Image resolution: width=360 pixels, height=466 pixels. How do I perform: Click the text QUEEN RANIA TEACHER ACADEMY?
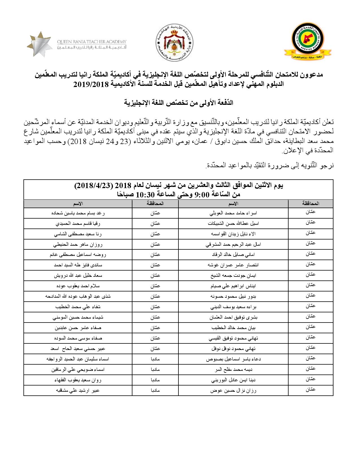coord(91,42)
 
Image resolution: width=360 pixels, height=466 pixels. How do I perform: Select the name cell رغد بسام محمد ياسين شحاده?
coord(78,214)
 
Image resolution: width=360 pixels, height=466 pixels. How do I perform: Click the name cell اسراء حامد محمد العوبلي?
coord(233,214)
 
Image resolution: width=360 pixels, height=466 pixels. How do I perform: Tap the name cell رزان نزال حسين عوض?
coord(233,391)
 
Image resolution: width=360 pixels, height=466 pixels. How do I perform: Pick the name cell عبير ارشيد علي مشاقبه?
coord(78,391)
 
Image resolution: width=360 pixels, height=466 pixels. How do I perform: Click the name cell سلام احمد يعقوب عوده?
coord(78,286)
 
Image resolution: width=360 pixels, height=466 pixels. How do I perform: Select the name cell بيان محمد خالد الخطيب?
coord(233,328)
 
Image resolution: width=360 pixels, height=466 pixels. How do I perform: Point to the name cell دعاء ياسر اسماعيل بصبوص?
coord(233,360)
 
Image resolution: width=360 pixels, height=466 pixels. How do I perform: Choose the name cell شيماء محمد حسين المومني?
coord(78,317)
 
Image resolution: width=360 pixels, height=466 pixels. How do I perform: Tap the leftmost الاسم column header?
coord(78,204)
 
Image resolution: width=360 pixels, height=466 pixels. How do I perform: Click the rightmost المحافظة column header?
coord(311,203)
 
